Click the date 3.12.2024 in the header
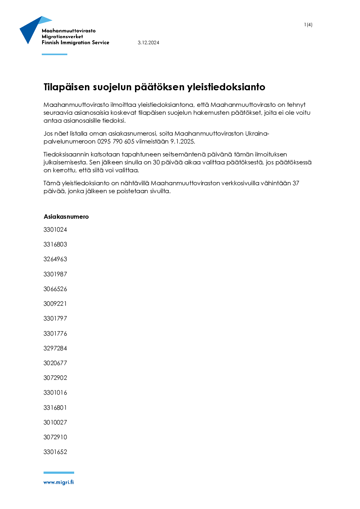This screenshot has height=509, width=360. click(148, 42)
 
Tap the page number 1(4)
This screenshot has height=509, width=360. click(308, 25)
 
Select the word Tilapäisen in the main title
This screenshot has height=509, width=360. click(67, 87)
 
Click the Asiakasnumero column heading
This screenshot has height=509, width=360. click(66, 217)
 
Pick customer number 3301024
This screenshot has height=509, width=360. click(55, 229)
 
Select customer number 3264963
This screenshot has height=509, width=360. click(55, 259)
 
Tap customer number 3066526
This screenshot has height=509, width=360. click(55, 289)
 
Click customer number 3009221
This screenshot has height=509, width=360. click(55, 304)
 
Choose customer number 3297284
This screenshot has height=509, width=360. click(55, 348)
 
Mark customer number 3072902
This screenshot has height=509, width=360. click(55, 378)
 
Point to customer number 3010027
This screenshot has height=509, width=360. click(55, 422)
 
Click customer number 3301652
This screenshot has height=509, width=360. click(55, 452)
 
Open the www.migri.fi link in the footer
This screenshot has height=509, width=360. click(59, 482)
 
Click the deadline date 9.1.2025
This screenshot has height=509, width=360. click(183, 141)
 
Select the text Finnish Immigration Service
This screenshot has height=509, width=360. click(75, 42)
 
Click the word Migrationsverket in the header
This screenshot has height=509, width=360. click(62, 36)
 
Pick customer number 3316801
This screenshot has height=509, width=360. click(55, 408)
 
